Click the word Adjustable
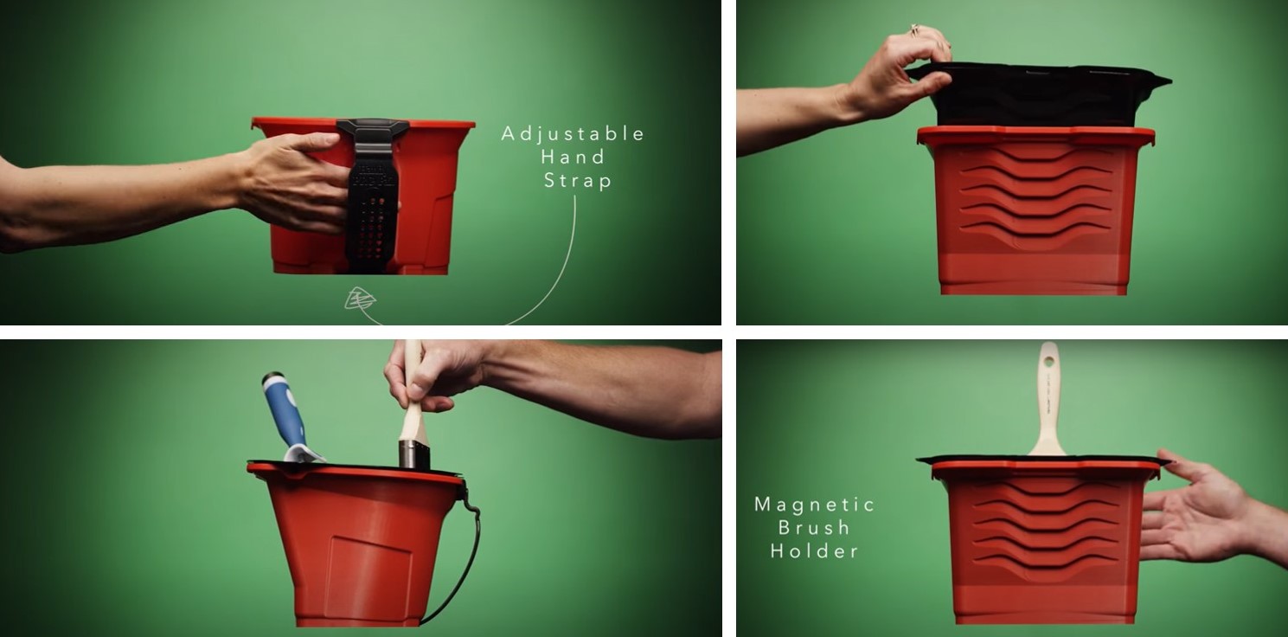[x=573, y=134]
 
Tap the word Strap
[x=578, y=181]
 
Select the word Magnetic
[x=815, y=505]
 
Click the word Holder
[x=814, y=551]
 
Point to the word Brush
[x=814, y=528]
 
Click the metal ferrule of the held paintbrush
[x=414, y=454]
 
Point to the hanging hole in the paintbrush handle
[x=1049, y=362]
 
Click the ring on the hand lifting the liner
[x=913, y=30]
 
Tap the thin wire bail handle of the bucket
[x=465, y=552]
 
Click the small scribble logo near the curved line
[x=359, y=299]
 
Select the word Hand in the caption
[x=573, y=158]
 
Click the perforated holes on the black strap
[x=371, y=230]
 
